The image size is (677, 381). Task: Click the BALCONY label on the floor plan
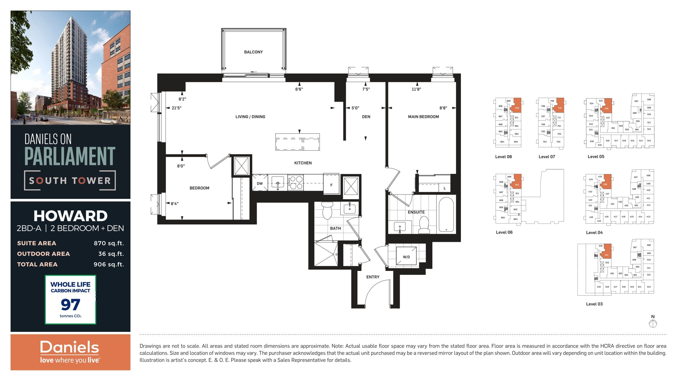(x=253, y=52)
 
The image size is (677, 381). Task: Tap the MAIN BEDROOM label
(x=423, y=117)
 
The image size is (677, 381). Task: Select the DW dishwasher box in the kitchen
(x=260, y=183)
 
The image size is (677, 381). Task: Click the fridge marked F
(x=331, y=184)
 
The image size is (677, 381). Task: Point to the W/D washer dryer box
(x=406, y=256)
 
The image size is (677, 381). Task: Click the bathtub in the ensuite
(x=446, y=215)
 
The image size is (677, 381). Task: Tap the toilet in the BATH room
(x=327, y=210)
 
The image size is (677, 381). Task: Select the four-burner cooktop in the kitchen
(x=295, y=183)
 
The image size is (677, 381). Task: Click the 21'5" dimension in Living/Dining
(x=176, y=108)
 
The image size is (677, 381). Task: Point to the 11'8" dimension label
(x=416, y=89)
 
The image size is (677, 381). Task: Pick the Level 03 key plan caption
(x=594, y=304)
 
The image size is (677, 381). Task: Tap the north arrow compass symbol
(x=653, y=323)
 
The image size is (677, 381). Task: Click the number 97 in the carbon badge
(x=70, y=305)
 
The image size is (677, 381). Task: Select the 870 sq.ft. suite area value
(x=109, y=243)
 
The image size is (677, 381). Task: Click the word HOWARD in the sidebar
(x=70, y=216)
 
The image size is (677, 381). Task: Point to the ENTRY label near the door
(x=373, y=277)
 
